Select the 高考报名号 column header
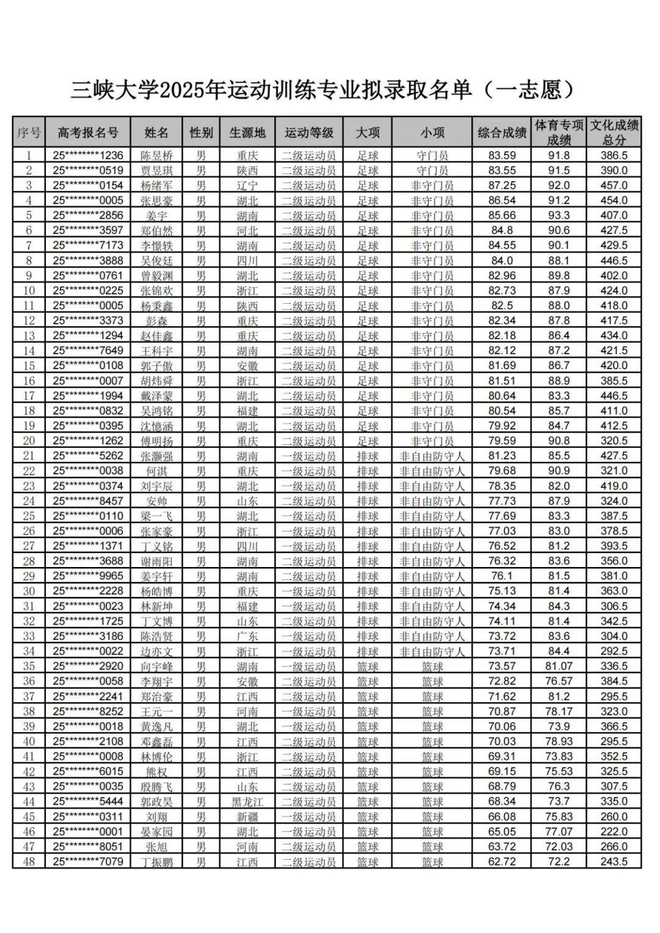pyautogui.click(x=88, y=132)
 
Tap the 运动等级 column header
pyautogui.click(x=309, y=132)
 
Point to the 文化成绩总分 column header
pyautogui.click(x=614, y=132)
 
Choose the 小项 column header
pyautogui.click(x=432, y=132)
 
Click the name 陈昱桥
pyautogui.click(x=157, y=156)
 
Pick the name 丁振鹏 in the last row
pyautogui.click(x=157, y=862)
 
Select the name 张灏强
pyautogui.click(x=157, y=456)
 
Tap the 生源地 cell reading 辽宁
pyautogui.click(x=248, y=186)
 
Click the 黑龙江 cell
pyautogui.click(x=248, y=802)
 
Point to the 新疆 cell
pyautogui.click(x=248, y=817)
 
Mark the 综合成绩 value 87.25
pyautogui.click(x=502, y=186)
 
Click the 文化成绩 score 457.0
pyautogui.click(x=614, y=186)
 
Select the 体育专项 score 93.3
pyautogui.click(x=559, y=216)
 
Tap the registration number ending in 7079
pyautogui.click(x=88, y=862)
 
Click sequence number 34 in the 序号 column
pyautogui.click(x=29, y=651)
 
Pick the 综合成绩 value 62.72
pyautogui.click(x=502, y=862)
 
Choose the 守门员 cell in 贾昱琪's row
pyautogui.click(x=432, y=170)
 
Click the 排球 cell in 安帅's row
pyautogui.click(x=368, y=502)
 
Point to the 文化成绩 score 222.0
pyautogui.click(x=614, y=832)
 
